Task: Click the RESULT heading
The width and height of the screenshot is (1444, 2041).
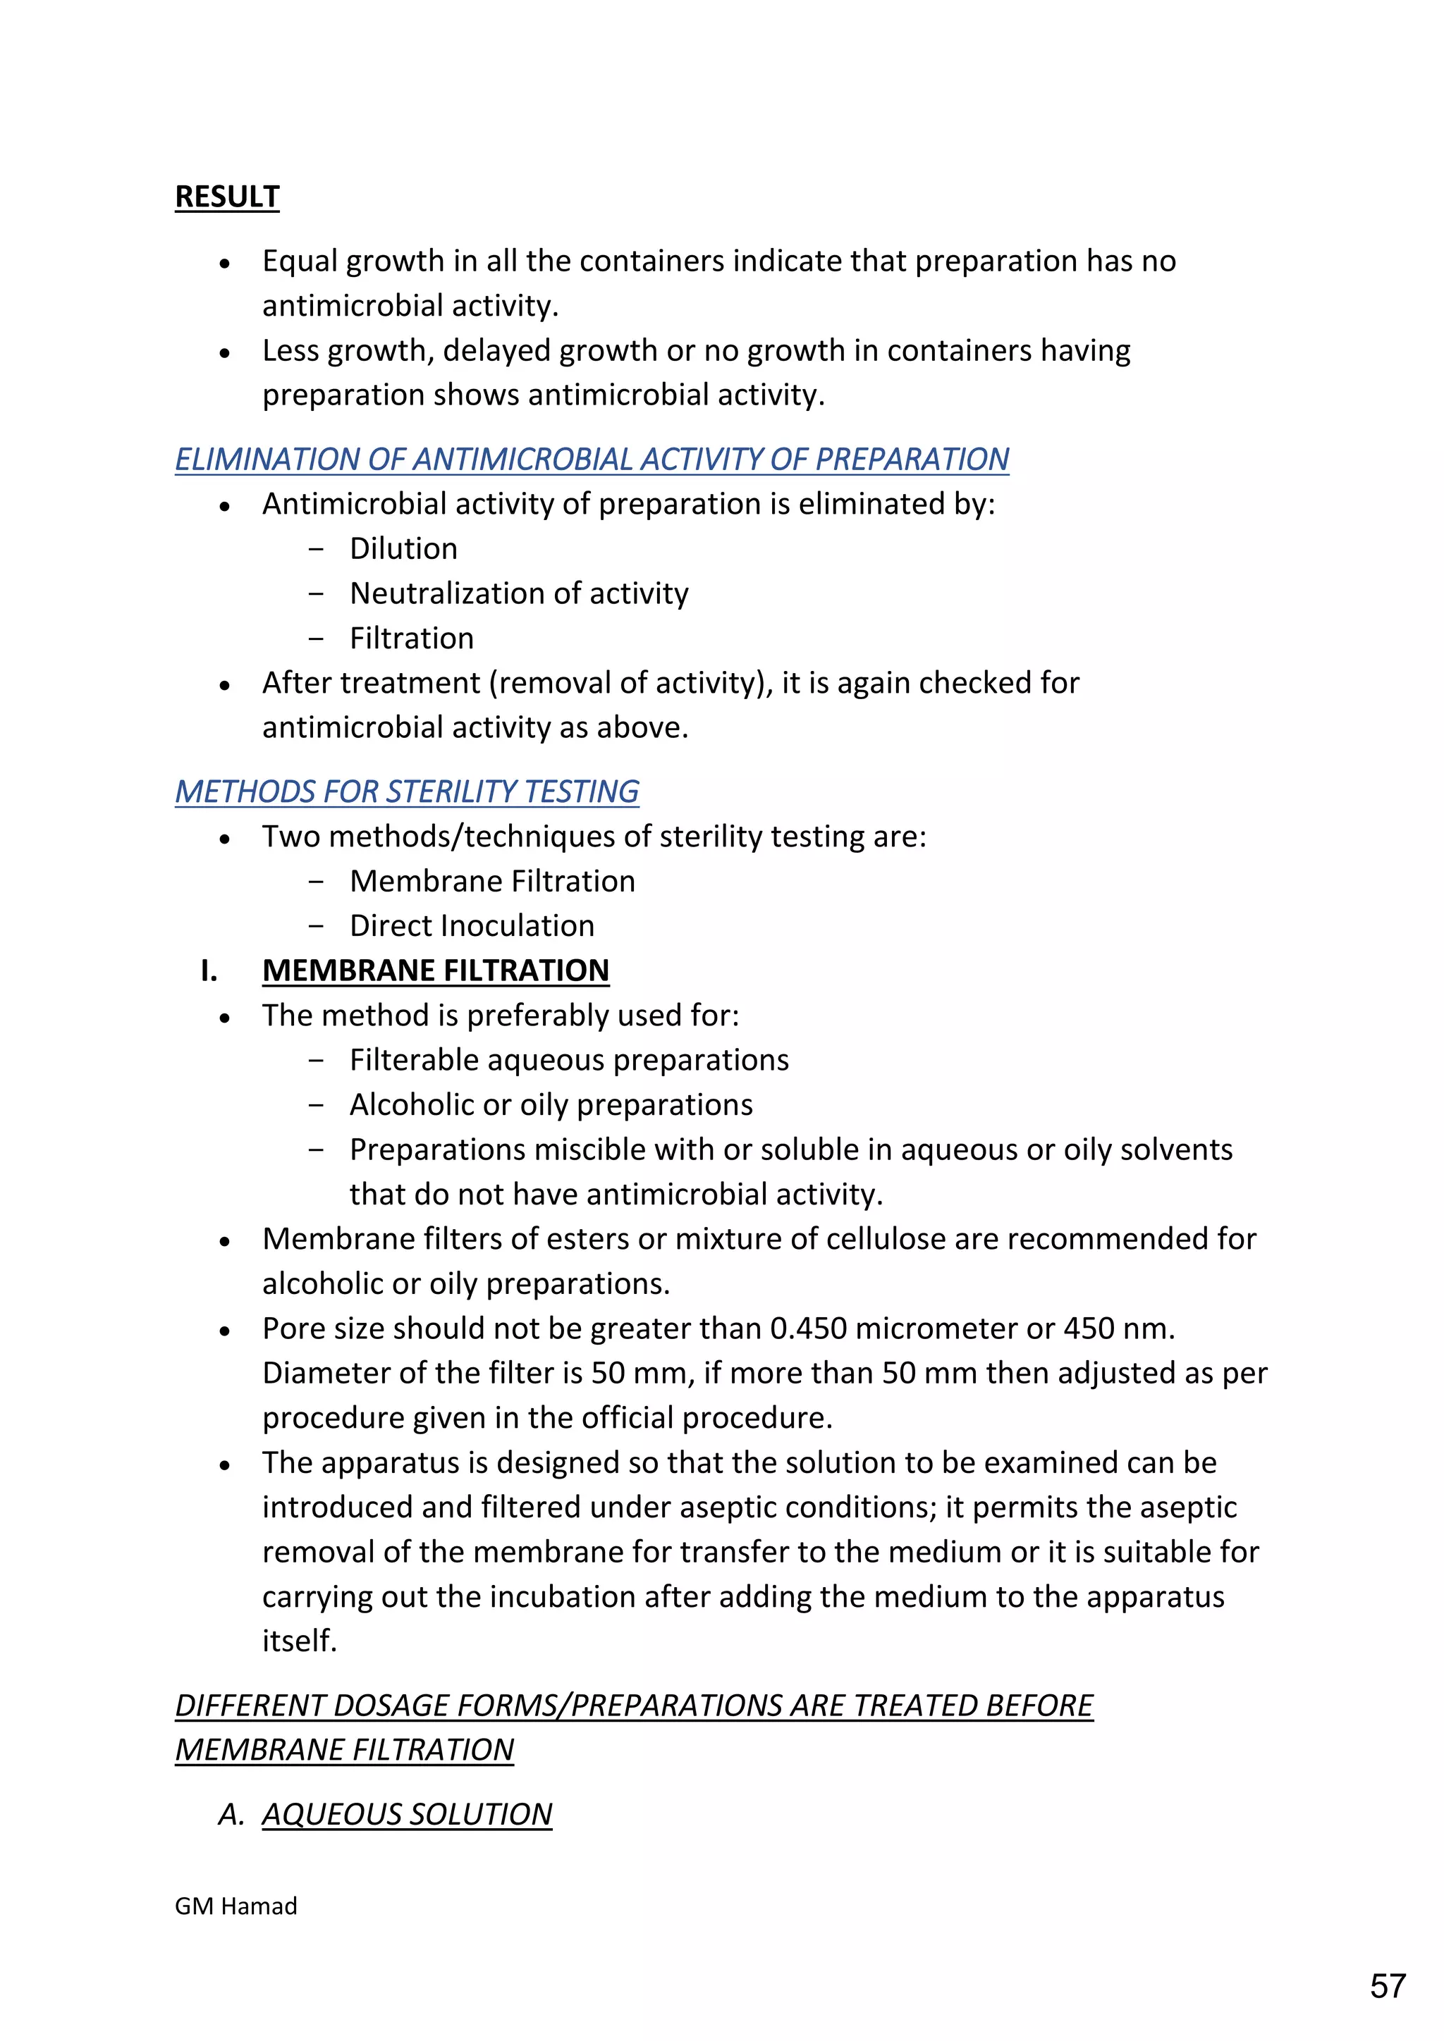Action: point(227,197)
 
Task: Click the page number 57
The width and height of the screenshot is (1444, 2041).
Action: point(1388,1985)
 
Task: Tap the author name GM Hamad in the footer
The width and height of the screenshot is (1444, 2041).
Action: point(235,1906)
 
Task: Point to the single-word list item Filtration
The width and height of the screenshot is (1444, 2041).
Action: point(411,639)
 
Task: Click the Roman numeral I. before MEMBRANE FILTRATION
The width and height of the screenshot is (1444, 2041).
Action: point(209,970)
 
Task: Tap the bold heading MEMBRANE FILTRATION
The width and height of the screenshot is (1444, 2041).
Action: point(435,970)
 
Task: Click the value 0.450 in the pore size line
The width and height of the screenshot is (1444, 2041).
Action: point(807,1328)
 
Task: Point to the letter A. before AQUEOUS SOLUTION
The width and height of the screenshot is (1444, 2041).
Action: point(231,1813)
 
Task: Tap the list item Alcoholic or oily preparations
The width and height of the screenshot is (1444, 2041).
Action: point(551,1104)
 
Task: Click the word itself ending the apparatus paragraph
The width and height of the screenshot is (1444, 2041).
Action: point(299,1640)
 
